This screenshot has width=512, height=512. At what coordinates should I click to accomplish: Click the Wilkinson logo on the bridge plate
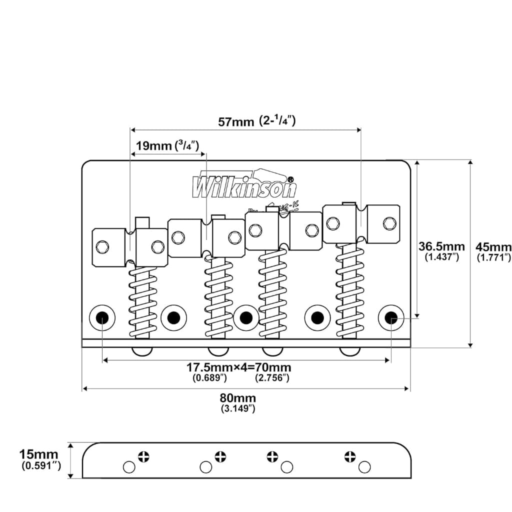tap(244, 185)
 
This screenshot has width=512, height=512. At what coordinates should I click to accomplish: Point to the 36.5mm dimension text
tap(441, 246)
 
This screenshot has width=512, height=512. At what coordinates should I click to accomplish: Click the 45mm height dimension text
tap(493, 246)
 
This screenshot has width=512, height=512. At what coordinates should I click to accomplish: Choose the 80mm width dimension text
tap(238, 398)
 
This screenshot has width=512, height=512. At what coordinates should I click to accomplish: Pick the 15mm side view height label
tap(38, 454)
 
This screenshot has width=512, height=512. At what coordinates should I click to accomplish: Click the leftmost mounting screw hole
tap(102, 317)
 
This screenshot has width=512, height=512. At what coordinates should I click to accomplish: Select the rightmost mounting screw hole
tap(391, 317)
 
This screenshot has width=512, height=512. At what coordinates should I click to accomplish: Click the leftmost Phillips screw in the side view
tap(143, 456)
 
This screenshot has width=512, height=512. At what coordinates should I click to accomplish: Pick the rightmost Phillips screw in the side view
tap(349, 456)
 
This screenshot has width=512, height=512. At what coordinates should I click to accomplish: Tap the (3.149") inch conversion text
tap(238, 409)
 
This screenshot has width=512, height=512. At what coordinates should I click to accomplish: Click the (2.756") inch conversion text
tap(272, 378)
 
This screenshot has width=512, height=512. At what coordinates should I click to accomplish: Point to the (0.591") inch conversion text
tap(41, 466)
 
